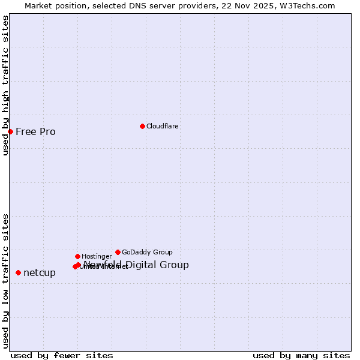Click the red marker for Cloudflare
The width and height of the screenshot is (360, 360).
[x=142, y=126]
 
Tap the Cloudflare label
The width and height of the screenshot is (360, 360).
[x=162, y=127]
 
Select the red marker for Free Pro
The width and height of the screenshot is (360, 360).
[x=11, y=131]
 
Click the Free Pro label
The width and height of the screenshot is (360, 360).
[x=35, y=132]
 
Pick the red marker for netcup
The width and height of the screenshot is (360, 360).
[x=18, y=272]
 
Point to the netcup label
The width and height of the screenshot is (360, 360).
[x=40, y=273]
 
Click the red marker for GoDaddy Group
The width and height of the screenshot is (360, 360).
[x=118, y=252]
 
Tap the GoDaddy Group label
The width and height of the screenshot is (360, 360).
[x=147, y=253]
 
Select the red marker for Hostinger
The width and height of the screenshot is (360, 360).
[x=77, y=256]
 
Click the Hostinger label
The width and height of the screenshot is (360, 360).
[x=97, y=257]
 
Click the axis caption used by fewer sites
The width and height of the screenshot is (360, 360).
[x=62, y=356]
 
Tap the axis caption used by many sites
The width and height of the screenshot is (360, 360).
[x=301, y=356]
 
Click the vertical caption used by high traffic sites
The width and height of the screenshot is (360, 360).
[x=5, y=86]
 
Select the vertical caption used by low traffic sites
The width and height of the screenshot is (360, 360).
[x=5, y=280]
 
